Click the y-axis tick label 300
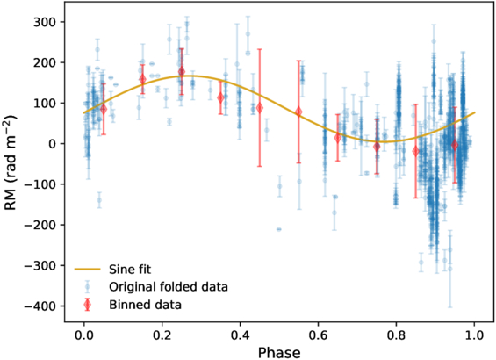click(47, 22)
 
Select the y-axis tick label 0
click(54, 144)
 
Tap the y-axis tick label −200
click(42, 225)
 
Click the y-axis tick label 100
click(47, 104)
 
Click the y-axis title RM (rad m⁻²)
click(13, 163)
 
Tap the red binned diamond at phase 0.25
click(182, 72)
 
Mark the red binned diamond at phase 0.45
click(260, 108)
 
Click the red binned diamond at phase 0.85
click(416, 151)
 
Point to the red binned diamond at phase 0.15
click(142, 79)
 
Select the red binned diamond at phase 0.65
click(338, 138)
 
